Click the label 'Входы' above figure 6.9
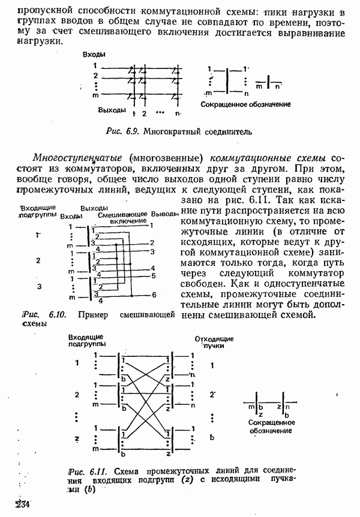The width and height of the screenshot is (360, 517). pyautogui.click(x=95, y=55)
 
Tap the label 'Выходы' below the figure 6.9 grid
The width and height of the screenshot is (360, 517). pyautogui.click(x=112, y=110)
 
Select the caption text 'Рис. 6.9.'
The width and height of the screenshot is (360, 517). pyautogui.click(x=123, y=131)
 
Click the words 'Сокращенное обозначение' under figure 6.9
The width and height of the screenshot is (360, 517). pyautogui.click(x=246, y=104)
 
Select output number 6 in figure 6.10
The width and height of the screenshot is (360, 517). pyautogui.click(x=154, y=295)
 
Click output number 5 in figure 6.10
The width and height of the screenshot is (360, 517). pyautogui.click(x=154, y=276)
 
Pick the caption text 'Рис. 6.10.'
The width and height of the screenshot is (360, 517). pyautogui.click(x=43, y=314)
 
